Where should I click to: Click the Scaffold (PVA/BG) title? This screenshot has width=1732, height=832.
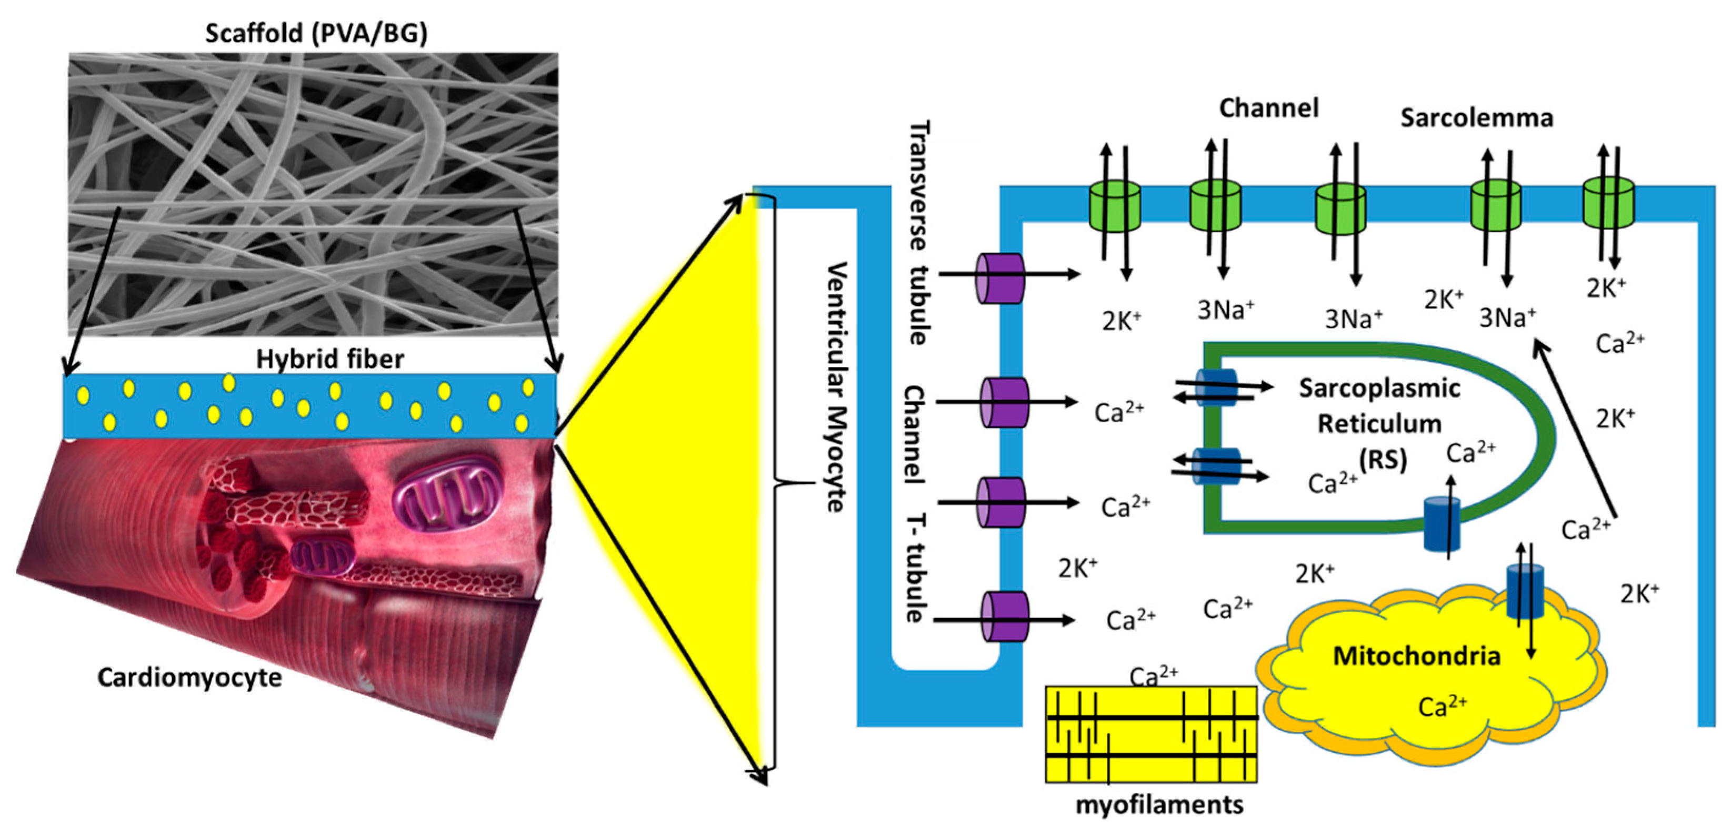tap(315, 33)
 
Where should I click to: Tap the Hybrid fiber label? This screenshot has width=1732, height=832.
tap(330, 359)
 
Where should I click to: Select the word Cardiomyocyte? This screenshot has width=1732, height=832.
tap(189, 677)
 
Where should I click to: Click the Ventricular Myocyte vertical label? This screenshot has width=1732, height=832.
tap(835, 387)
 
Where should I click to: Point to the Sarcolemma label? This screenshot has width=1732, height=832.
tap(1477, 118)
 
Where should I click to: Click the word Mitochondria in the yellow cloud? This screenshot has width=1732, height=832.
tap(1417, 656)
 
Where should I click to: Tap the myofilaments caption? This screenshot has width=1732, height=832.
tap(1159, 805)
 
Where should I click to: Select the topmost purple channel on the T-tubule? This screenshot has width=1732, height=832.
tap(1000, 278)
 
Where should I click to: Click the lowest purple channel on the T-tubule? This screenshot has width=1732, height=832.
tap(1005, 616)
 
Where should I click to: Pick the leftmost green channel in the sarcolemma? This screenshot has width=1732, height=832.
tap(1114, 206)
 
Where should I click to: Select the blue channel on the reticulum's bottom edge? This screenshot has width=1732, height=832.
tap(1442, 524)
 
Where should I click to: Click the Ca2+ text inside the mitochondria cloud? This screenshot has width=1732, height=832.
tap(1442, 706)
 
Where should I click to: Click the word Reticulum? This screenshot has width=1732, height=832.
tap(1379, 424)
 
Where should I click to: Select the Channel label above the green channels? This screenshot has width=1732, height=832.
tap(1268, 107)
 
